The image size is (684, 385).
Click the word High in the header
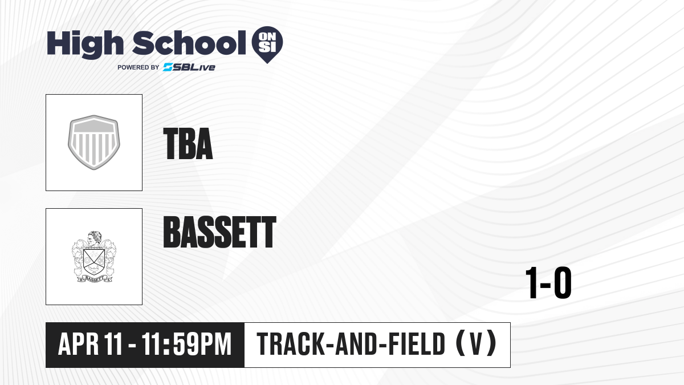(x=85, y=44)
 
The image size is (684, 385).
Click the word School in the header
(x=189, y=43)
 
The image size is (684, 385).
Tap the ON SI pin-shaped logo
(x=267, y=44)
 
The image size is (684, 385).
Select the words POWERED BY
(x=139, y=67)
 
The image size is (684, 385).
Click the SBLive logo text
(x=189, y=67)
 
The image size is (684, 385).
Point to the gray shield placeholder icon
(x=93, y=143)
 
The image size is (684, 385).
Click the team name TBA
(x=188, y=144)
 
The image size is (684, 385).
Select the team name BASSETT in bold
(x=219, y=232)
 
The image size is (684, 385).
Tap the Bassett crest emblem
(x=93, y=257)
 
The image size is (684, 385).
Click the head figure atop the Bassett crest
(x=94, y=238)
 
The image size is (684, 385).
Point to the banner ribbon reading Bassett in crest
(x=94, y=279)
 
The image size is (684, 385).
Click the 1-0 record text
(x=548, y=283)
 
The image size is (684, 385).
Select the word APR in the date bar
(x=79, y=344)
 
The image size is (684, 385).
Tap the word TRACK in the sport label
(x=290, y=344)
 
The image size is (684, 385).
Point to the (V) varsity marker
(x=476, y=343)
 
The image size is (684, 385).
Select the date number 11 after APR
(x=113, y=344)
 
